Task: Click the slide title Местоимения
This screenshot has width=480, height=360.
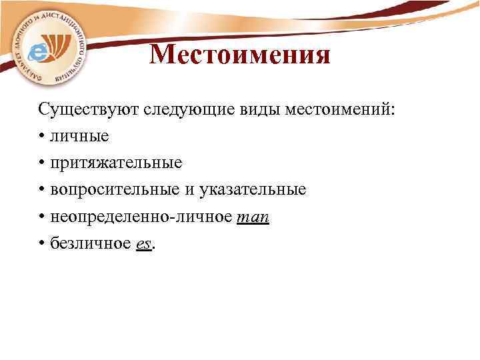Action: [x=240, y=55]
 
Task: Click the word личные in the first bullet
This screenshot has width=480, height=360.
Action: [x=79, y=136]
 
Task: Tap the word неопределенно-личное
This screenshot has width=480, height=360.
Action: [x=141, y=217]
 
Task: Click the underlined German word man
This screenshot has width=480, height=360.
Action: [x=253, y=218]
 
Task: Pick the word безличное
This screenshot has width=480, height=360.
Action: [x=90, y=244]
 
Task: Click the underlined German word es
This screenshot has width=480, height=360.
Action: [x=143, y=245]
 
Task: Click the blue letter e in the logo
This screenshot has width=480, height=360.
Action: [x=41, y=51]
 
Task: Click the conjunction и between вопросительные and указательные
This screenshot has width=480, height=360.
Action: [x=189, y=191]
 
